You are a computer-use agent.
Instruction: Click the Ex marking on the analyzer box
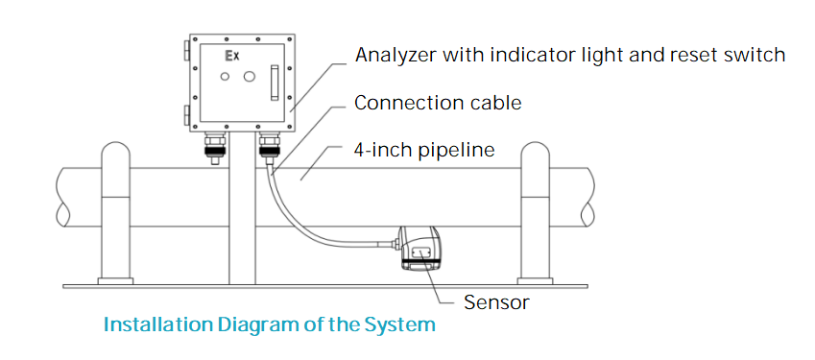[x=231, y=56]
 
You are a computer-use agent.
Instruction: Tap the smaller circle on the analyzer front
[x=225, y=77]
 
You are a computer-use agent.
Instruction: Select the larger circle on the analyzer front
[x=250, y=77]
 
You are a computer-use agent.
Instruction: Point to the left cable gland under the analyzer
[x=215, y=147]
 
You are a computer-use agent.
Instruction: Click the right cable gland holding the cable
[x=270, y=146]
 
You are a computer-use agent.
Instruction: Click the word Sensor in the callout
[x=496, y=302]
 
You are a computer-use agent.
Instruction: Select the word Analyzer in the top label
[x=396, y=55]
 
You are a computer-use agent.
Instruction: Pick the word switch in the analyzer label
[x=756, y=55]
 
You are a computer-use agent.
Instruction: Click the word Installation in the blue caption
[x=158, y=324]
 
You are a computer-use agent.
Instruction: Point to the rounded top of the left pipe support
[x=116, y=150]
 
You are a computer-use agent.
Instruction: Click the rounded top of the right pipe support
[x=535, y=150]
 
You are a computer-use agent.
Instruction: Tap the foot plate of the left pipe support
[x=115, y=281]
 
